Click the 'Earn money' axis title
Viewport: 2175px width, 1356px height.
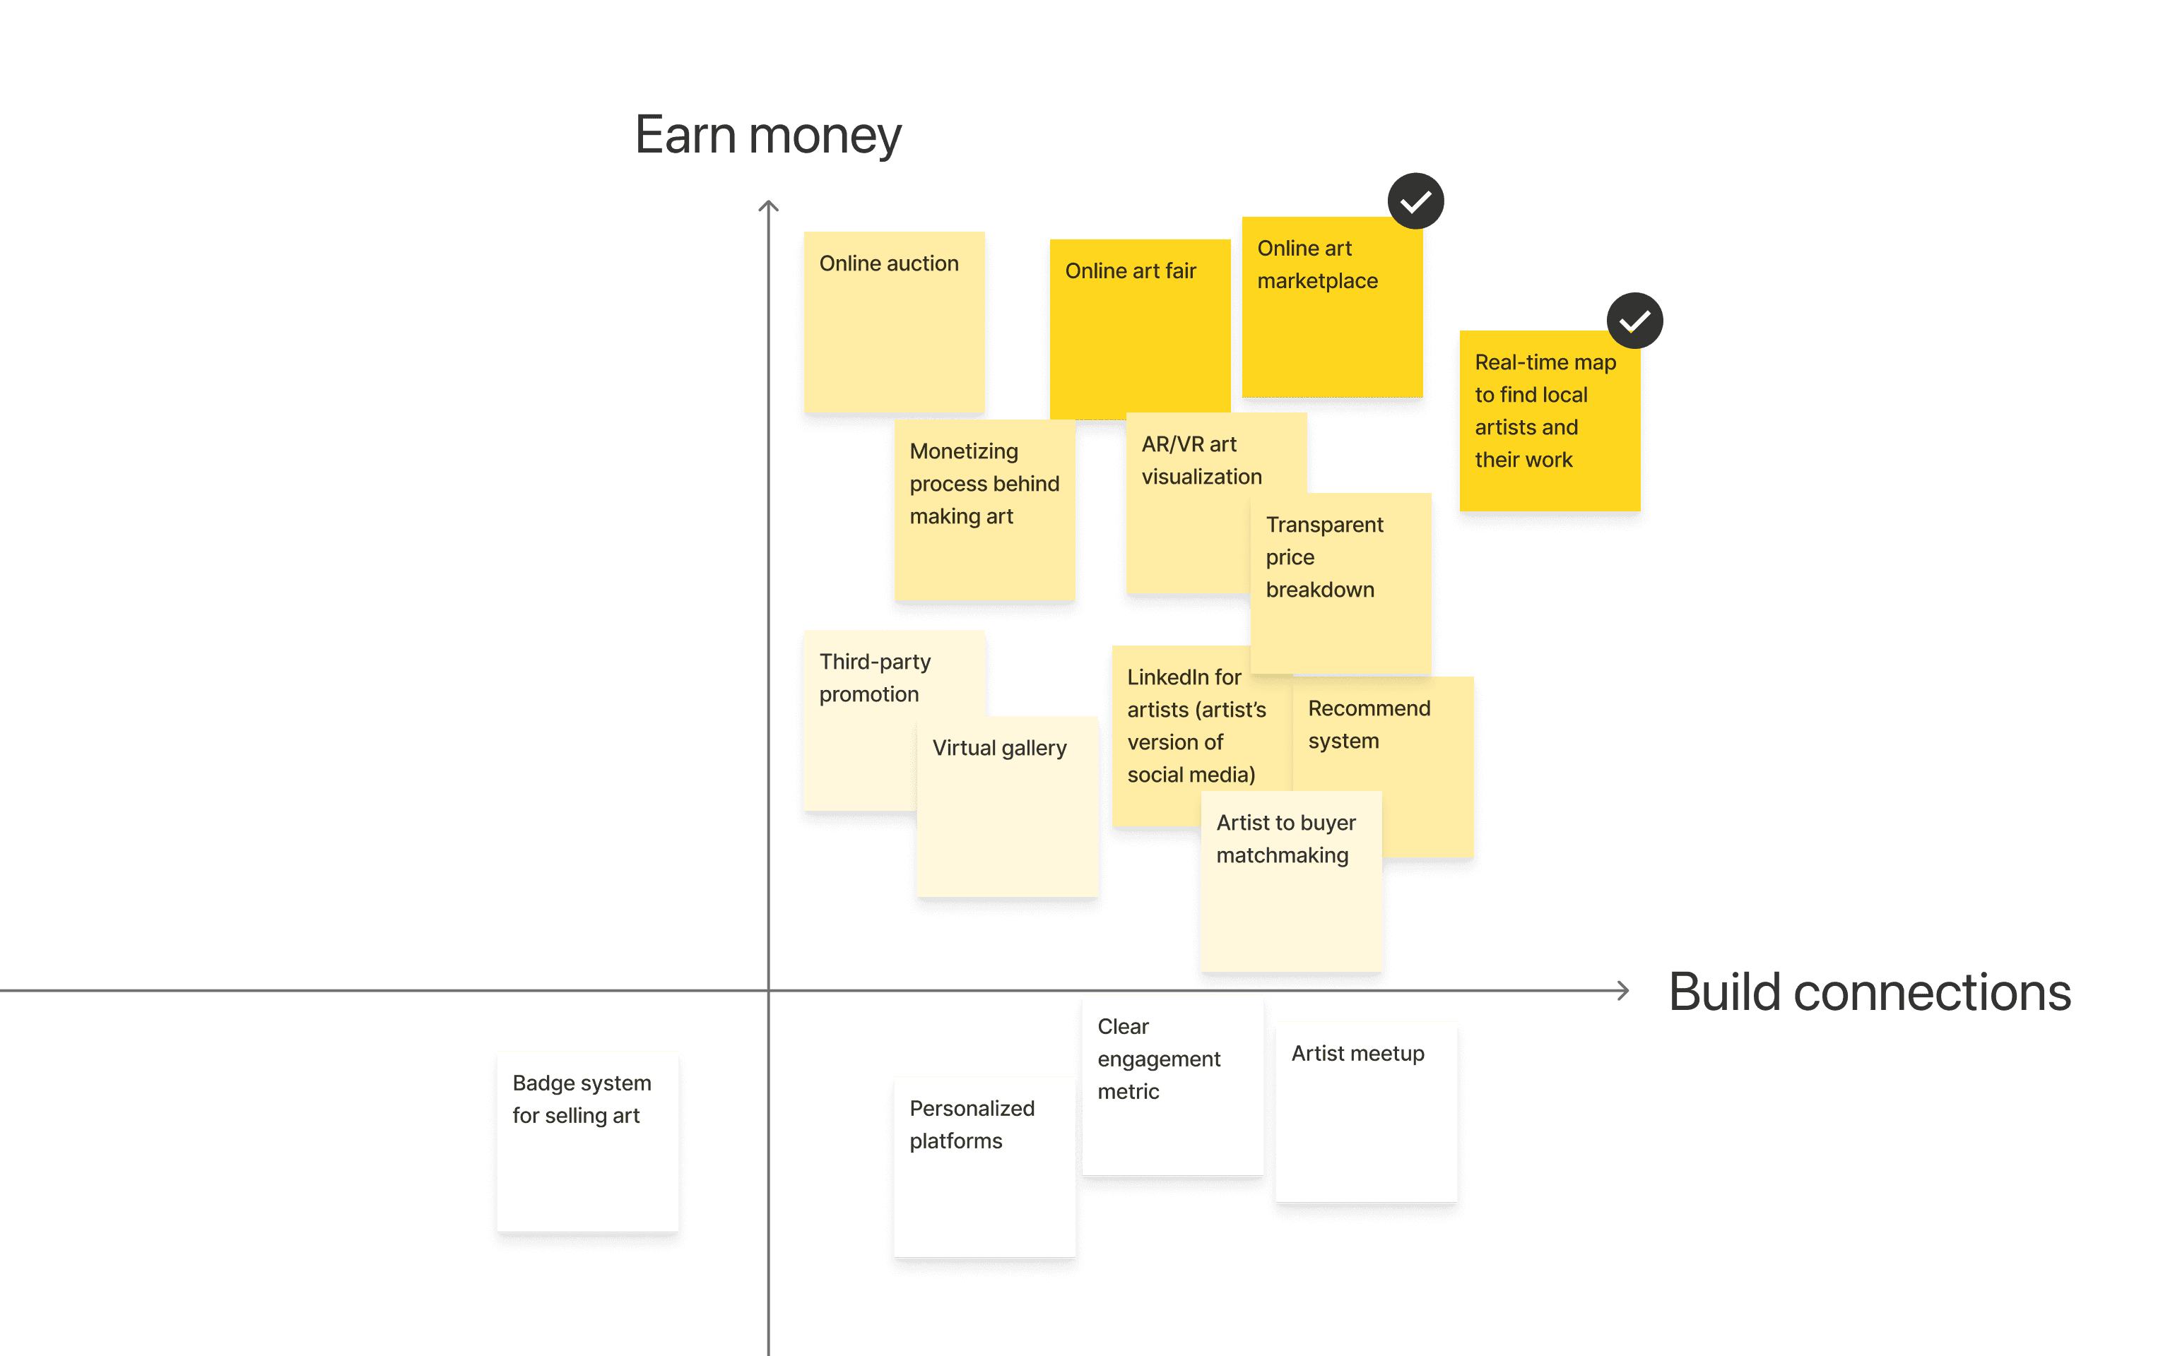(768, 136)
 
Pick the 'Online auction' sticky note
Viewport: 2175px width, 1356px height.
(894, 323)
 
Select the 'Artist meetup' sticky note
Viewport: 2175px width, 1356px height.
(1366, 1112)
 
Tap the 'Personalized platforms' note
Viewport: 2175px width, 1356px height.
(984, 1166)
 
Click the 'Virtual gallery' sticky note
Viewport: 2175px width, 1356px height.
(1007, 807)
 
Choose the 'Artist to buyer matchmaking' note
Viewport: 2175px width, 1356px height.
(1290, 884)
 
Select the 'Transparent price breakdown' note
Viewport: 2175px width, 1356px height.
(1341, 583)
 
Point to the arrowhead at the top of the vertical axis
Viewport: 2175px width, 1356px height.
(768, 206)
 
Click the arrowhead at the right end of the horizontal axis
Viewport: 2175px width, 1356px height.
(1623, 990)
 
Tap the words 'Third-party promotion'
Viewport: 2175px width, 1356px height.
(874, 678)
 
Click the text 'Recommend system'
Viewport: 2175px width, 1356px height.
(1368, 725)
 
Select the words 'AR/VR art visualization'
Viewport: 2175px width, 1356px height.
(1201, 460)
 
